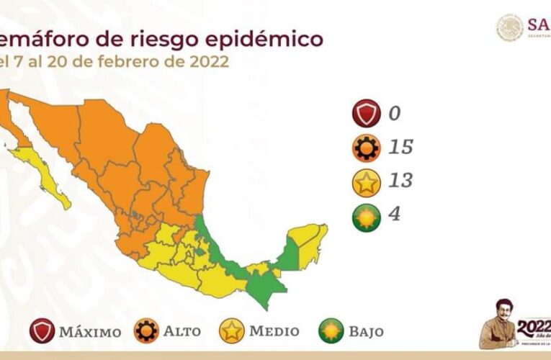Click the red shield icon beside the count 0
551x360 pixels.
367,114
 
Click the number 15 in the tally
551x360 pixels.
400,147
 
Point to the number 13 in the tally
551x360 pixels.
400,181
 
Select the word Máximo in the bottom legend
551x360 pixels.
91,332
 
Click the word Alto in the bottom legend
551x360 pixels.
182,332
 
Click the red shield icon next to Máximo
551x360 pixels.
43,331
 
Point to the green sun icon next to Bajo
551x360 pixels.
331,331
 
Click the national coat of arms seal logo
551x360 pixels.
510,27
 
